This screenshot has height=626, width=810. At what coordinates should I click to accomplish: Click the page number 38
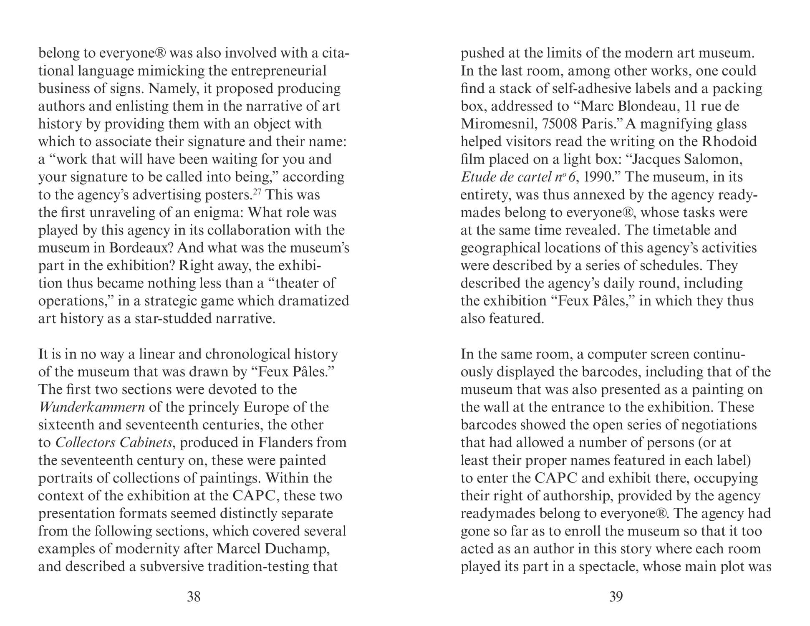point(194,597)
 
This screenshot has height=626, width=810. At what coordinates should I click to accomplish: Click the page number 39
point(616,597)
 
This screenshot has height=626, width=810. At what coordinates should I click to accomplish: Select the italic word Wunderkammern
point(91,407)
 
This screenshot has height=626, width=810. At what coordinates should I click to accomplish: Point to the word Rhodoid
point(729,142)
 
